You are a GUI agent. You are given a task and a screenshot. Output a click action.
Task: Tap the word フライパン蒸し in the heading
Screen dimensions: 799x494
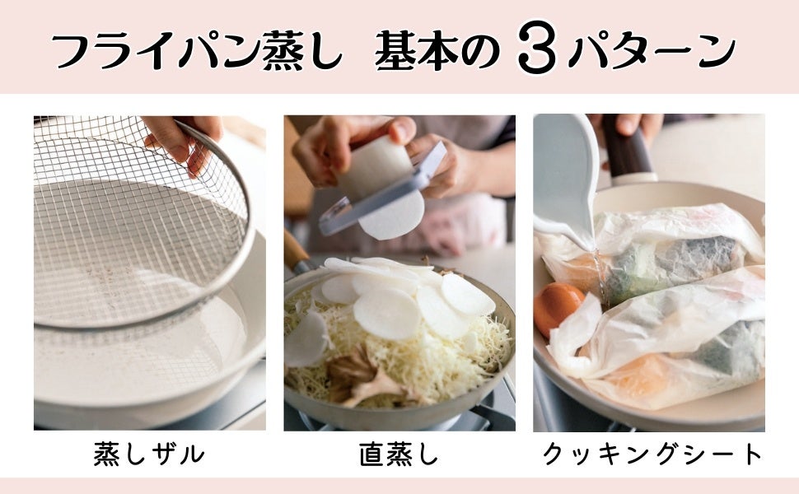pyautogui.click(x=197, y=50)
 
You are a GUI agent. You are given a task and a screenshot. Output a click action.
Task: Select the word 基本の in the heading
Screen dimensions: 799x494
pyautogui.click(x=437, y=50)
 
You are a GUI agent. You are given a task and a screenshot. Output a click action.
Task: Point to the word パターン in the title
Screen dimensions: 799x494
pyautogui.click(x=652, y=50)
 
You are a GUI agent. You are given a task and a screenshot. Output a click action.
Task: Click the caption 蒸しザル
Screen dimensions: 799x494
pyautogui.click(x=149, y=454)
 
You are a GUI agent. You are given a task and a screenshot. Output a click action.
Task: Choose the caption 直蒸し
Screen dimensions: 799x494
pyautogui.click(x=399, y=454)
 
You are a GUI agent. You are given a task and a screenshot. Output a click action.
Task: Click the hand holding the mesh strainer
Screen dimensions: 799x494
pyautogui.click(x=184, y=138)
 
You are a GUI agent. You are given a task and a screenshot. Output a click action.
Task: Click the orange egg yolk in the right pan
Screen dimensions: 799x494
pyautogui.click(x=557, y=307)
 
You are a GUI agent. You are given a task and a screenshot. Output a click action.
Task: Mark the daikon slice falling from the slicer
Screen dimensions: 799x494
pyautogui.click(x=392, y=217)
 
